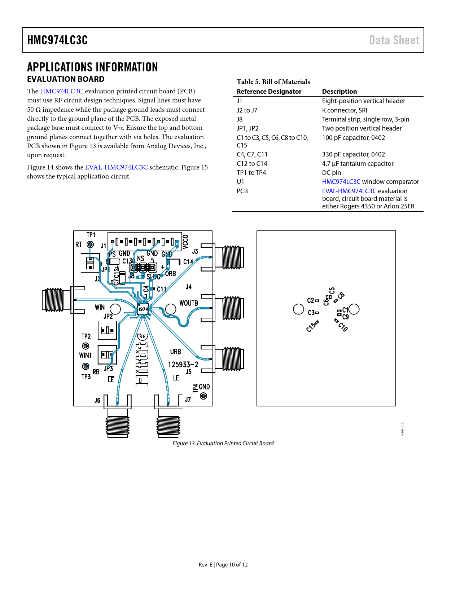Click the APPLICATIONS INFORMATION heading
[x=92, y=67]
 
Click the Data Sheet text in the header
[x=394, y=40]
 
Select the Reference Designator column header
[x=269, y=92]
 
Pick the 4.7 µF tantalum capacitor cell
[x=358, y=164]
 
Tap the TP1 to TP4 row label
[x=251, y=173]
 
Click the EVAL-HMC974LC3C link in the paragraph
[x=116, y=167]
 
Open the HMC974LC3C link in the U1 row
[x=341, y=182]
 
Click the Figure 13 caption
[x=223, y=443]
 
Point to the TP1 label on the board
[x=91, y=235]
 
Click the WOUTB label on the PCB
[x=189, y=303]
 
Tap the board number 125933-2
[x=183, y=365]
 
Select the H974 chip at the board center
[x=143, y=309]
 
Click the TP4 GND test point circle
[x=203, y=396]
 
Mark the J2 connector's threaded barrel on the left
[x=53, y=299]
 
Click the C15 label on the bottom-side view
[x=311, y=327]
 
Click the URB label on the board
[x=176, y=352]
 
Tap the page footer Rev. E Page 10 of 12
[x=223, y=565]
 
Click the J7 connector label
[x=188, y=400]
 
